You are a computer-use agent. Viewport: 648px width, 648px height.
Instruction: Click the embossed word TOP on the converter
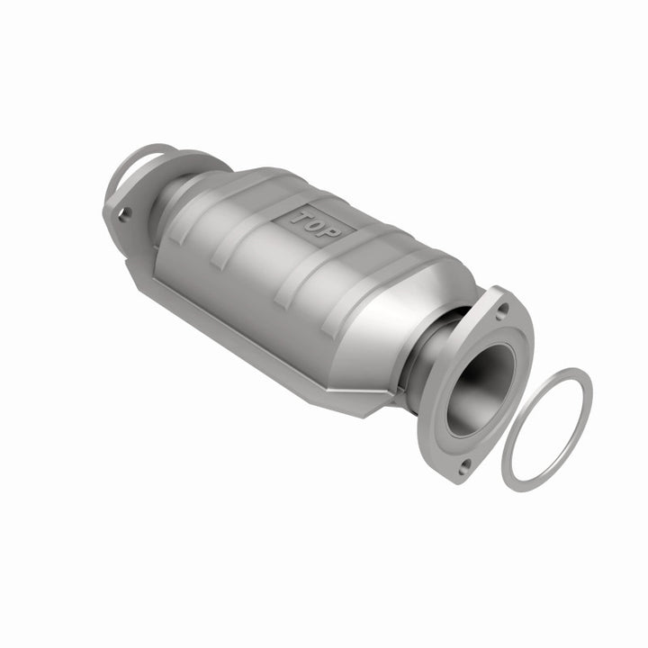tap(315, 222)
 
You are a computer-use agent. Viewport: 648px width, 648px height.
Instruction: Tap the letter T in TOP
tap(300, 216)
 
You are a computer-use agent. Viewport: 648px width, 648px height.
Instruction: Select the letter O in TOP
tap(315, 223)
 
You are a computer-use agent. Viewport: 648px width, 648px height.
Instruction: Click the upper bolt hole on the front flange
tap(502, 308)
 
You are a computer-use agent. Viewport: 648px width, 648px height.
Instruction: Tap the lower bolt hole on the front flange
tap(464, 467)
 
